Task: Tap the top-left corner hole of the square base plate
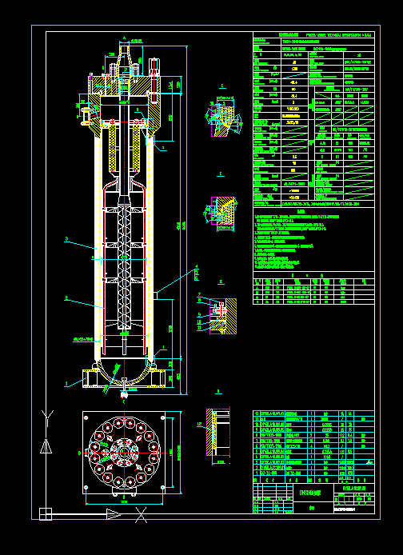coord(86,416)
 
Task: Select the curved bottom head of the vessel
coord(124,376)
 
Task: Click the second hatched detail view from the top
coord(221,210)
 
